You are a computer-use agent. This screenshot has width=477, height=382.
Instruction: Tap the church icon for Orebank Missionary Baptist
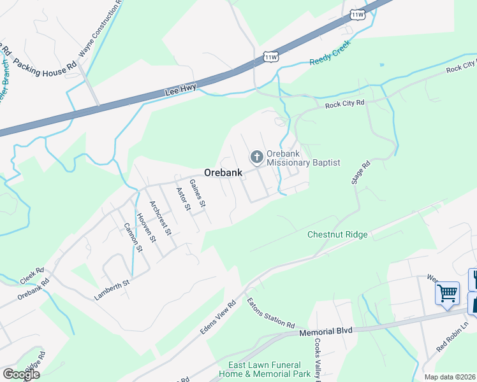256,157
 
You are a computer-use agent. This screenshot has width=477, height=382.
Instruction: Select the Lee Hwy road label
180,90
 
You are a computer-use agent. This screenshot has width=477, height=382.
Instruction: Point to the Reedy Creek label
331,62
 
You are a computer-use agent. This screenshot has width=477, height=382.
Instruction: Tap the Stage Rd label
360,173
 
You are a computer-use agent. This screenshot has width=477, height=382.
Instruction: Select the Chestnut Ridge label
337,234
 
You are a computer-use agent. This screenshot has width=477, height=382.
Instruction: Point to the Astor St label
183,199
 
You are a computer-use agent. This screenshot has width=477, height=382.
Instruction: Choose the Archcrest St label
160,218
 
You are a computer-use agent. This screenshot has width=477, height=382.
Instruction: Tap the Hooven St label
146,227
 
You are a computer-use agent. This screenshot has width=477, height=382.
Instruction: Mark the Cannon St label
133,237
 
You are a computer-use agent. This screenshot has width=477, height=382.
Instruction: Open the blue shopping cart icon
448,293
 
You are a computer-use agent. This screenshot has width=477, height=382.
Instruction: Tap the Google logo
21,374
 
